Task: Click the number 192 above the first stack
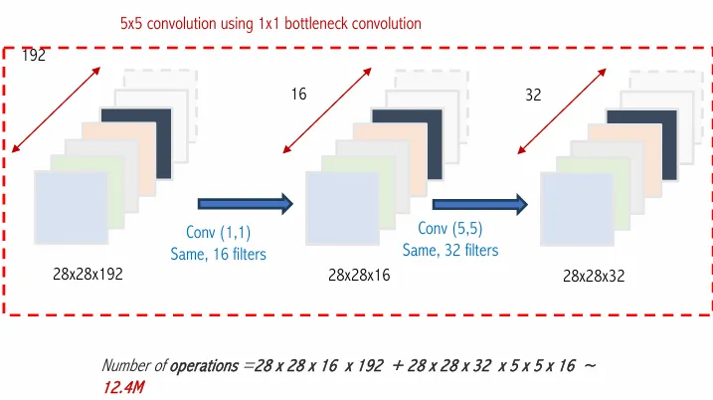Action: point(34,57)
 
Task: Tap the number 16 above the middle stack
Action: point(298,94)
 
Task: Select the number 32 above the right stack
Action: point(532,96)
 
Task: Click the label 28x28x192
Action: point(88,275)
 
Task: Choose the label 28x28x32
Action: point(594,276)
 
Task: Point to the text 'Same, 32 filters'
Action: point(450,250)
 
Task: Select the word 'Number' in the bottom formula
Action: point(128,366)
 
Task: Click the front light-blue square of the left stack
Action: point(71,207)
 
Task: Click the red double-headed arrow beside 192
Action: point(58,109)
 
